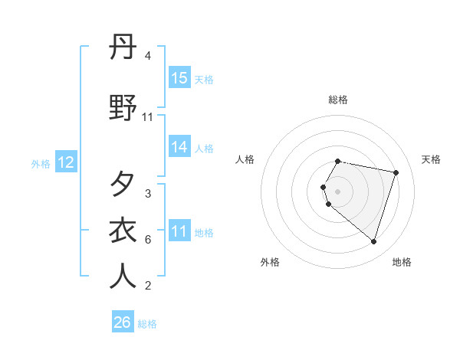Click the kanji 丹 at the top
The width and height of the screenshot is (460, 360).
coord(123,47)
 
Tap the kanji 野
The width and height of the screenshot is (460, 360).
coord(123,108)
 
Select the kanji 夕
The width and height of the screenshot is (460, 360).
coord(123,185)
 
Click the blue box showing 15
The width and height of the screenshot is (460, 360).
coord(179,78)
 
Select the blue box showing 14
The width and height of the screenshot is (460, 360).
coord(179,148)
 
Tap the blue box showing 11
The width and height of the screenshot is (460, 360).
coord(179,231)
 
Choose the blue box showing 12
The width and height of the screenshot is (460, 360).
coord(66,162)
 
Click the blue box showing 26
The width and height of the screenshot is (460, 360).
coord(123,322)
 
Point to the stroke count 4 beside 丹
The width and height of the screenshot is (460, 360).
coord(148,56)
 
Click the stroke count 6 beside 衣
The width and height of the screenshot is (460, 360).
coord(148,240)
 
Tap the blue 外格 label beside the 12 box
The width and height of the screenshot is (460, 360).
coord(40,163)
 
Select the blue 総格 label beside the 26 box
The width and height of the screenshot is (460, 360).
coord(147,324)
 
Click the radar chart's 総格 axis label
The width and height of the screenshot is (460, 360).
coord(338,100)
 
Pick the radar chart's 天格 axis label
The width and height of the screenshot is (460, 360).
coord(431,159)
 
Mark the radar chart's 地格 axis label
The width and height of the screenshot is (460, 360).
coord(402,262)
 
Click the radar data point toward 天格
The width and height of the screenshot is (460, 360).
coord(396,173)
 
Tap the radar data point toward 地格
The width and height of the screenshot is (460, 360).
coord(373,241)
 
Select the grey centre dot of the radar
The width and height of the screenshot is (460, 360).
coord(338,191)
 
